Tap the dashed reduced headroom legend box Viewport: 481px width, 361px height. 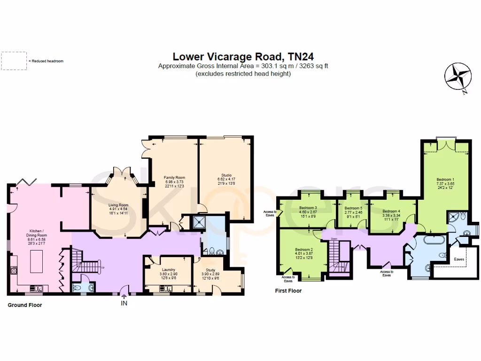(14, 61)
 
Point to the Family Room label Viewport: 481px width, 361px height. (172, 177)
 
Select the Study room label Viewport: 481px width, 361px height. (210, 270)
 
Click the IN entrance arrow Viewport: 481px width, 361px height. (124, 299)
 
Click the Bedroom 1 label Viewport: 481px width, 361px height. (445, 180)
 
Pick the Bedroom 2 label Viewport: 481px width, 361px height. (304, 250)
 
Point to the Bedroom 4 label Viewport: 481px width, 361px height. (391, 212)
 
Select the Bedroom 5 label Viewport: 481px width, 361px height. (353, 208)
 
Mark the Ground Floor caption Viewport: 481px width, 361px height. (25, 305)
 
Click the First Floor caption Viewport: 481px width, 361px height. (288, 291)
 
